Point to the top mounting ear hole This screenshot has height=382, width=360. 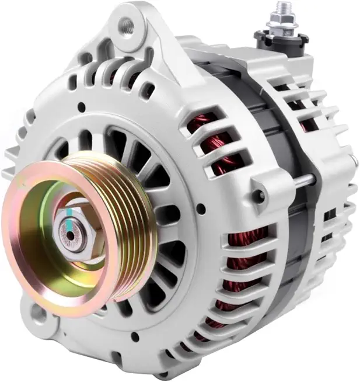[x=126, y=25]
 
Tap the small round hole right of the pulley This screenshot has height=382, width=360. [x=201, y=207]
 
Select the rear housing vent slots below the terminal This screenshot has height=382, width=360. [x=303, y=105]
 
